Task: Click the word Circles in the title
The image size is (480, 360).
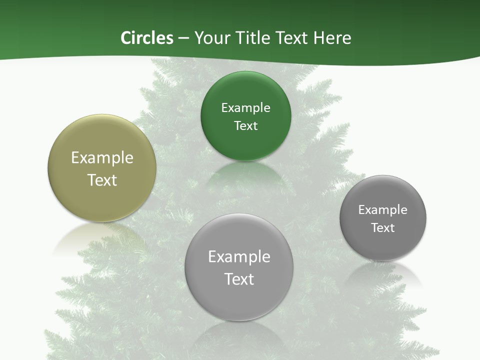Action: click(x=147, y=38)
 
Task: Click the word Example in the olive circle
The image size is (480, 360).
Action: click(x=102, y=158)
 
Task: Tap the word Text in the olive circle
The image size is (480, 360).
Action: click(x=102, y=180)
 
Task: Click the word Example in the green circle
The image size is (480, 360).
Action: click(x=245, y=108)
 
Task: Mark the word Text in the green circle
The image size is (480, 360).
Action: click(x=245, y=126)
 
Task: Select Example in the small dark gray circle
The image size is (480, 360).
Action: click(x=383, y=210)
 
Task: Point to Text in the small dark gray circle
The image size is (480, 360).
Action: click(x=383, y=228)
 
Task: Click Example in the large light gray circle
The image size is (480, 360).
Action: click(x=239, y=257)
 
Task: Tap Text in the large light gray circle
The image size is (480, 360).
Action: click(x=239, y=279)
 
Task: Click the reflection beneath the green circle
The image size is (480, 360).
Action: click(x=245, y=172)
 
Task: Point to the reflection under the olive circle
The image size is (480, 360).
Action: click(x=90, y=235)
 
